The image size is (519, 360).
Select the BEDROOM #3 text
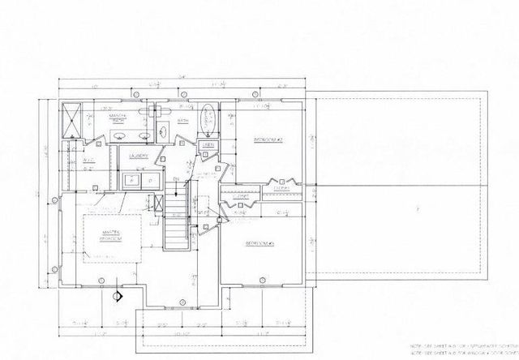260,242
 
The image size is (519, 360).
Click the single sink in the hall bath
162,129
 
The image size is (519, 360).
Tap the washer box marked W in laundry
131,180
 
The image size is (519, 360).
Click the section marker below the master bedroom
117,296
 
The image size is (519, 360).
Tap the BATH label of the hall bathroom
183,121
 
